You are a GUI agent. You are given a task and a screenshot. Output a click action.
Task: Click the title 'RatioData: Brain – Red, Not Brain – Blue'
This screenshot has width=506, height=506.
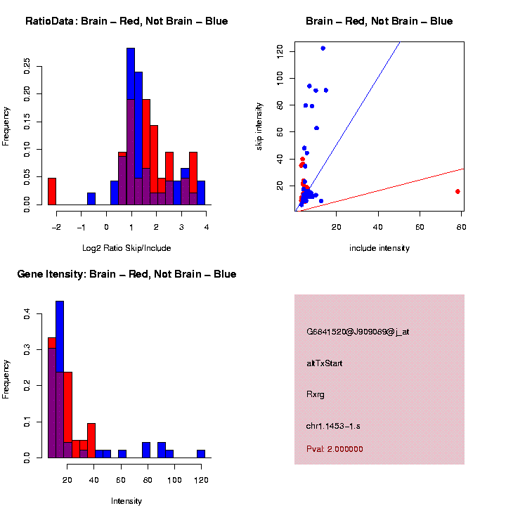point(126,21)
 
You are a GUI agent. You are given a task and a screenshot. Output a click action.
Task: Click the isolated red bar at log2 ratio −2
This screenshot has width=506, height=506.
point(52,191)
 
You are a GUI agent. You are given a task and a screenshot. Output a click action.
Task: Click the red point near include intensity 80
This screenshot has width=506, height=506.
point(458,191)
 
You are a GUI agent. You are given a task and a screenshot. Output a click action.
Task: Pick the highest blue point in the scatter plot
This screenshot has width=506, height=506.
point(323,48)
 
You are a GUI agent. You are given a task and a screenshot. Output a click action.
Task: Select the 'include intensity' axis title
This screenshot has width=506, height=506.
point(379,247)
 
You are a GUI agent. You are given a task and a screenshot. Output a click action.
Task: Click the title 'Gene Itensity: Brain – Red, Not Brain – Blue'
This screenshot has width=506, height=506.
point(126,274)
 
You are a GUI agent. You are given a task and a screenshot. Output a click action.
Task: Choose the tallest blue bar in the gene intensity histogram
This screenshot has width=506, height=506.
point(60,379)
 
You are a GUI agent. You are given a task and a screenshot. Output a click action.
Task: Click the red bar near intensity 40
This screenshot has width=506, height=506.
point(91,440)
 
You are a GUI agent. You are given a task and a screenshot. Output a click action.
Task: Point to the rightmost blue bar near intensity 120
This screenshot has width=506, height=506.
point(201,453)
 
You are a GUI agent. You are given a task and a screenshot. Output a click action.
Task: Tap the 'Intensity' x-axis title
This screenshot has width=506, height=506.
point(126,501)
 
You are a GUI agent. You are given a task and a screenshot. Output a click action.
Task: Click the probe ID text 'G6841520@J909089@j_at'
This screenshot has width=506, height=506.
point(358,332)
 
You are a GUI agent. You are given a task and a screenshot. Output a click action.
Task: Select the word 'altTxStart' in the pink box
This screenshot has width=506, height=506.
point(325,363)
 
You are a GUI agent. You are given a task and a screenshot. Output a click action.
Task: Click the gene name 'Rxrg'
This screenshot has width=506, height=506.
point(314,394)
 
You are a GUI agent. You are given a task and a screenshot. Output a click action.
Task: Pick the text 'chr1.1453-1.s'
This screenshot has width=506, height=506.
point(333,426)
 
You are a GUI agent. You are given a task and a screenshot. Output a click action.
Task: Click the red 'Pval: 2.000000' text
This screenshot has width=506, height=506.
point(335,448)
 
